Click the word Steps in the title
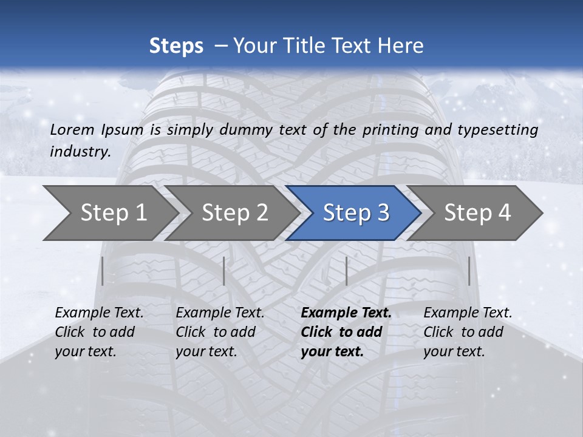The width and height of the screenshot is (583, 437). click(x=176, y=46)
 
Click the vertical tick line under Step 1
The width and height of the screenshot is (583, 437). click(x=103, y=271)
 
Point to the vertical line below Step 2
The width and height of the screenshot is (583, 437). click(x=224, y=271)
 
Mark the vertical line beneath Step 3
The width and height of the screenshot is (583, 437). click(x=346, y=271)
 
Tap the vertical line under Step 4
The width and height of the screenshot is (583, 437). click(x=469, y=271)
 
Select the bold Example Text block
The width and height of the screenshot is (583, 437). click(x=346, y=332)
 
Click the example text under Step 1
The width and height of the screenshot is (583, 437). click(x=99, y=332)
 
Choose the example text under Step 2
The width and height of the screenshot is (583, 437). click(x=220, y=332)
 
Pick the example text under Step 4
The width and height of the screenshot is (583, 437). click(x=468, y=332)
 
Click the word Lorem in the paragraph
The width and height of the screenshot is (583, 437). click(x=72, y=130)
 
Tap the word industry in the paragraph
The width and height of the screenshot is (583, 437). click(x=80, y=152)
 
